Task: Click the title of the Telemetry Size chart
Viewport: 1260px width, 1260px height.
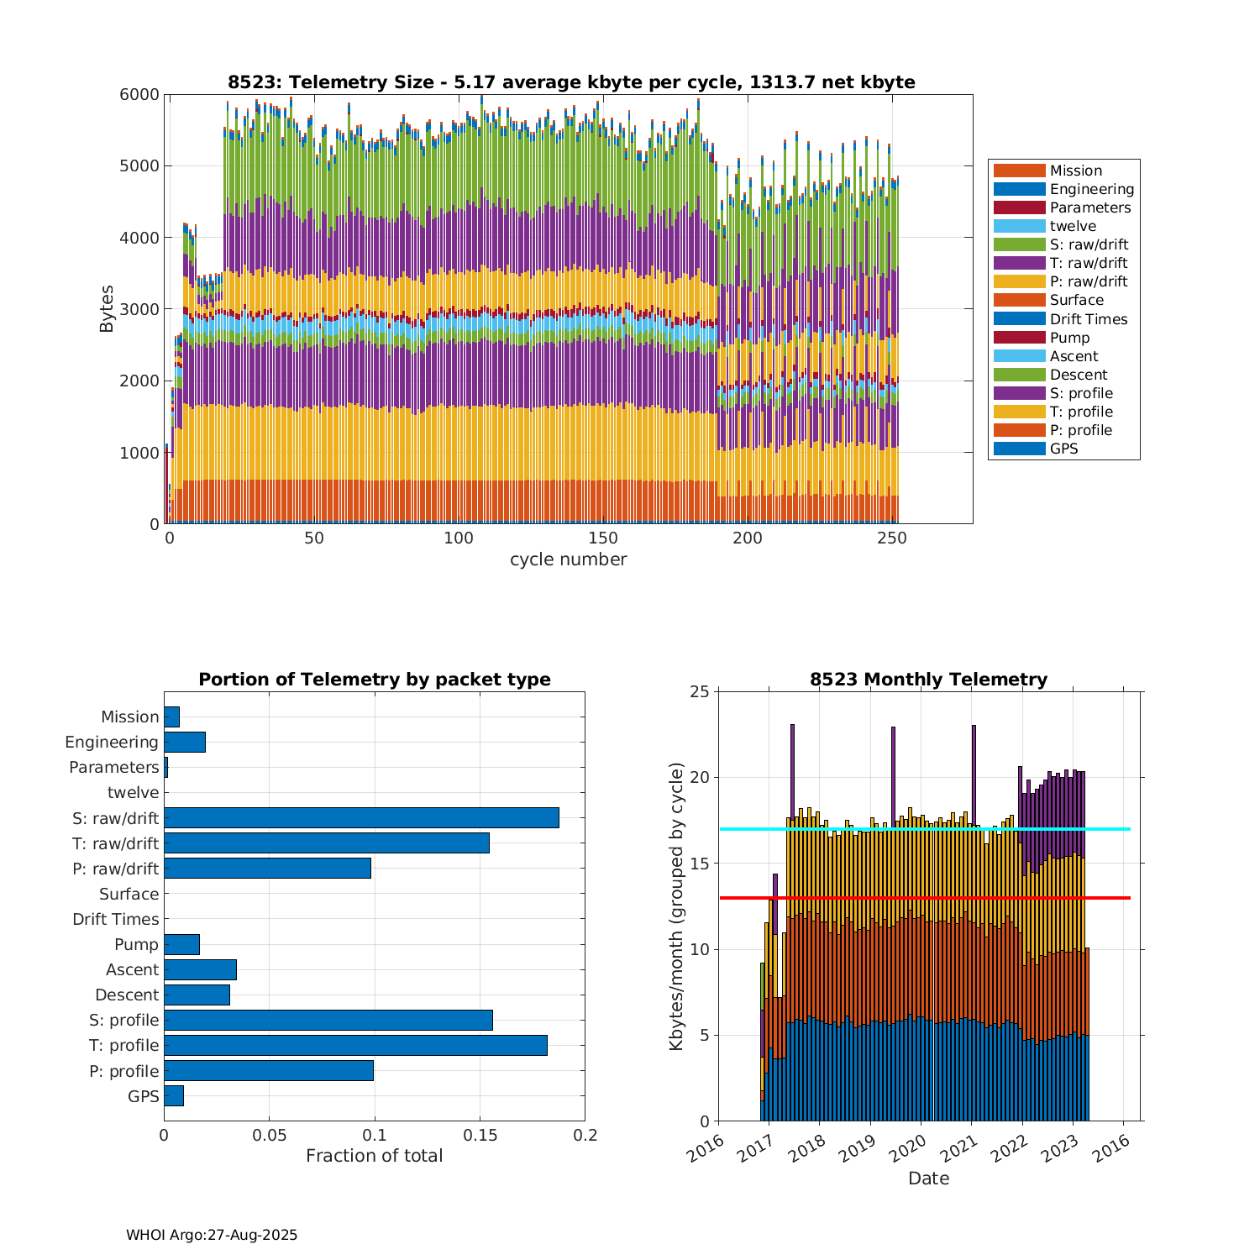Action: (x=571, y=82)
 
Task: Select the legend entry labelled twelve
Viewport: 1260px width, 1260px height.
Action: (x=1073, y=226)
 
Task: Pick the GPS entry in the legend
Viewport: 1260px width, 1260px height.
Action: (x=1063, y=449)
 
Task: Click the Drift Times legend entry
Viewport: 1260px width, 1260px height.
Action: (x=1088, y=319)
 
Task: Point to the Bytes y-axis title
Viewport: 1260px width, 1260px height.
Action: (x=107, y=309)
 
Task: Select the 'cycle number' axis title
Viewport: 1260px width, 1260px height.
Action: (x=568, y=559)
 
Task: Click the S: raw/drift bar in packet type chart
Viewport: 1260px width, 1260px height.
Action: (x=361, y=818)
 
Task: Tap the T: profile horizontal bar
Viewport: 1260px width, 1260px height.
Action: (x=355, y=1045)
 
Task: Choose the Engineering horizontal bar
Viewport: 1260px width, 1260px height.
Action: (x=185, y=742)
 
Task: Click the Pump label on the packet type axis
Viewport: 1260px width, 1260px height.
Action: (x=136, y=944)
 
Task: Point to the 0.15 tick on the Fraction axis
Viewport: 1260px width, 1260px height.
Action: (x=480, y=1136)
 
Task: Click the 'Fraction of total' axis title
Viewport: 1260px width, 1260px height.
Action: (x=374, y=1156)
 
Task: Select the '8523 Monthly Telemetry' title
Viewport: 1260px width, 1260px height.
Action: (x=928, y=680)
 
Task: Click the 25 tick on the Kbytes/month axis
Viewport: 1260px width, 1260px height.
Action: (x=700, y=692)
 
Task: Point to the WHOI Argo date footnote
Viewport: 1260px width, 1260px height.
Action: (x=212, y=1235)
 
